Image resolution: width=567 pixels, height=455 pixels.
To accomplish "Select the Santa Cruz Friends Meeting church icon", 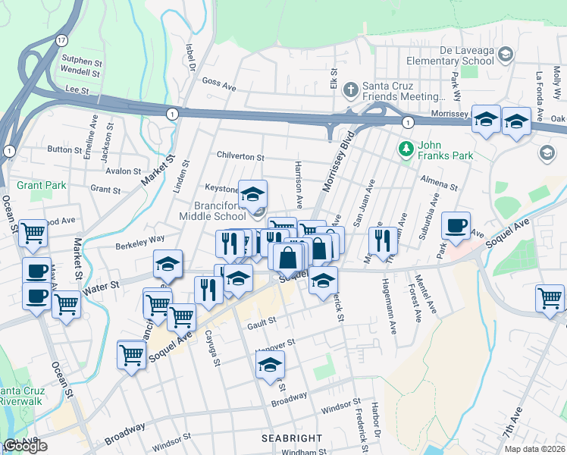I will [349, 90].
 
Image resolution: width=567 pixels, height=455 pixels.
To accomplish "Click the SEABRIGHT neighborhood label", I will [292, 438].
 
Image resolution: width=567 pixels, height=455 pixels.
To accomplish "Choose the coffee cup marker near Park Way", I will [456, 226].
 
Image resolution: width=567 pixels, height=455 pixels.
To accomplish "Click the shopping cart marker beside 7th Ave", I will [550, 297].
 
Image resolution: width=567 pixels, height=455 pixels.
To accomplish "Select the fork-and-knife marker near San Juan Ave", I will [381, 240].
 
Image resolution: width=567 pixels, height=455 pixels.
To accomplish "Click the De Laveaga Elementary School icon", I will [506, 55].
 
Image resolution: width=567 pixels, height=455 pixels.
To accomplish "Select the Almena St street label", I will [439, 184].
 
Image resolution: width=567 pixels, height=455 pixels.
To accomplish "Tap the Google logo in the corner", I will [25, 447].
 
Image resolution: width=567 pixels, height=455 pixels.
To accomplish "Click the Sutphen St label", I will [81, 61].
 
